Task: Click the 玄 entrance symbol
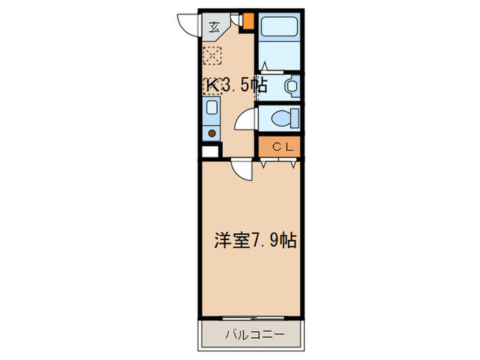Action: [x=214, y=27]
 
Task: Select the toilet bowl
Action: [x=283, y=118]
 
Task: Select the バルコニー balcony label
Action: [x=252, y=335]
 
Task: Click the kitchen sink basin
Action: [x=211, y=108]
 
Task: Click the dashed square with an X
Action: [x=212, y=55]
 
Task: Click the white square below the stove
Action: [x=211, y=152]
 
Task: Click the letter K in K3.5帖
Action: [x=213, y=86]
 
